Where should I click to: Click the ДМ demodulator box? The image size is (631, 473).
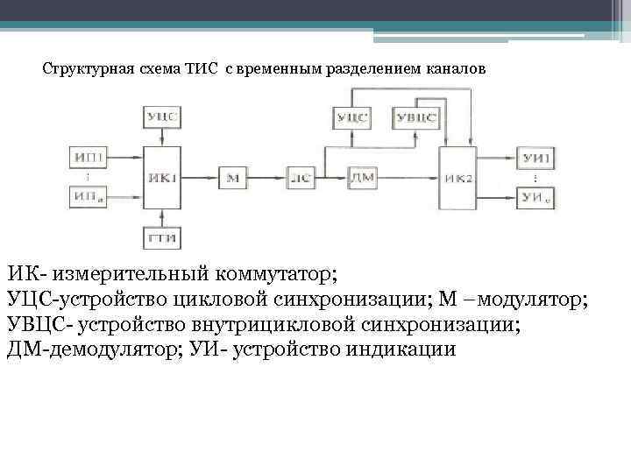tap(361, 178)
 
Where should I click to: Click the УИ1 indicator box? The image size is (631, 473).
tap(536, 158)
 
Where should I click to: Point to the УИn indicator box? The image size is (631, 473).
tap(536, 198)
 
